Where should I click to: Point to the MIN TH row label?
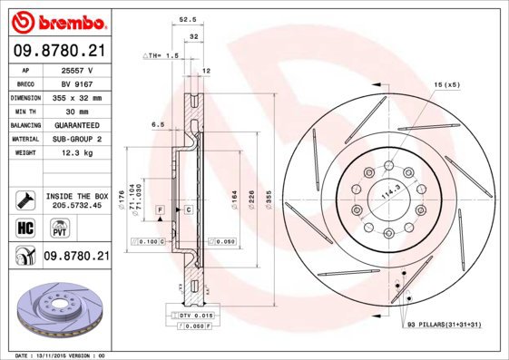(26, 111)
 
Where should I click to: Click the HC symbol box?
(25, 227)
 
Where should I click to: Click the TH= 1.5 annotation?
(162, 55)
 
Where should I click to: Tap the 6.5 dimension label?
(157, 123)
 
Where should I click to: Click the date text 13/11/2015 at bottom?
(64, 355)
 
